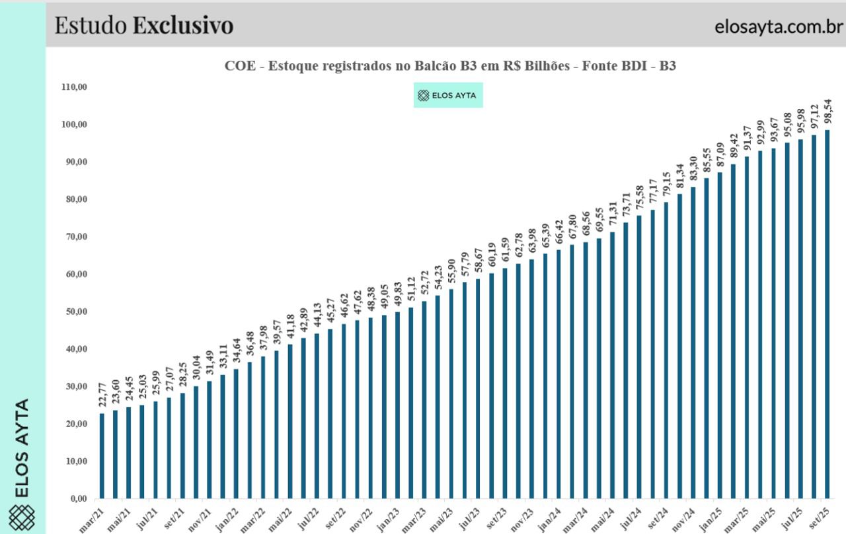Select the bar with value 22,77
coord(102,455)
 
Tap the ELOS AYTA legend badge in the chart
coord(448,96)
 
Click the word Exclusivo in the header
coord(183,26)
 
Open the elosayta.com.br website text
coord(779,27)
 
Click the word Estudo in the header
coord(91,26)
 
